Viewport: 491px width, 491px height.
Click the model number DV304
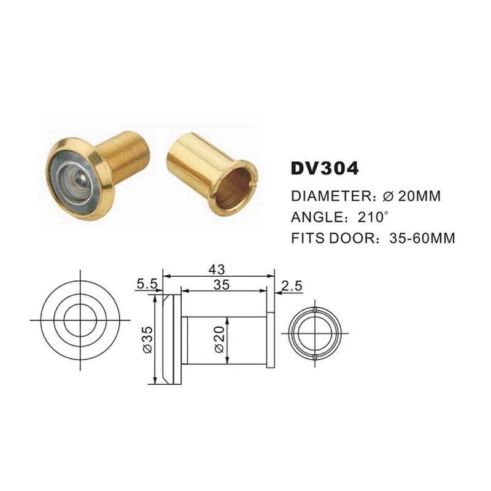325,169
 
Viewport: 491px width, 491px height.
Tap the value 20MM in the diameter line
420,196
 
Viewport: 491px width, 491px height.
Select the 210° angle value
373,217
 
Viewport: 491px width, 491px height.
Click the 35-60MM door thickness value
422,238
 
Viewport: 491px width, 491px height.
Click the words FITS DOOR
333,238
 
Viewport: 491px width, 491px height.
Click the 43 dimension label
217,269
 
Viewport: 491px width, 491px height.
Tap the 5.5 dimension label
147,284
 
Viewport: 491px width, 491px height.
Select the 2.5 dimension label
292,286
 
